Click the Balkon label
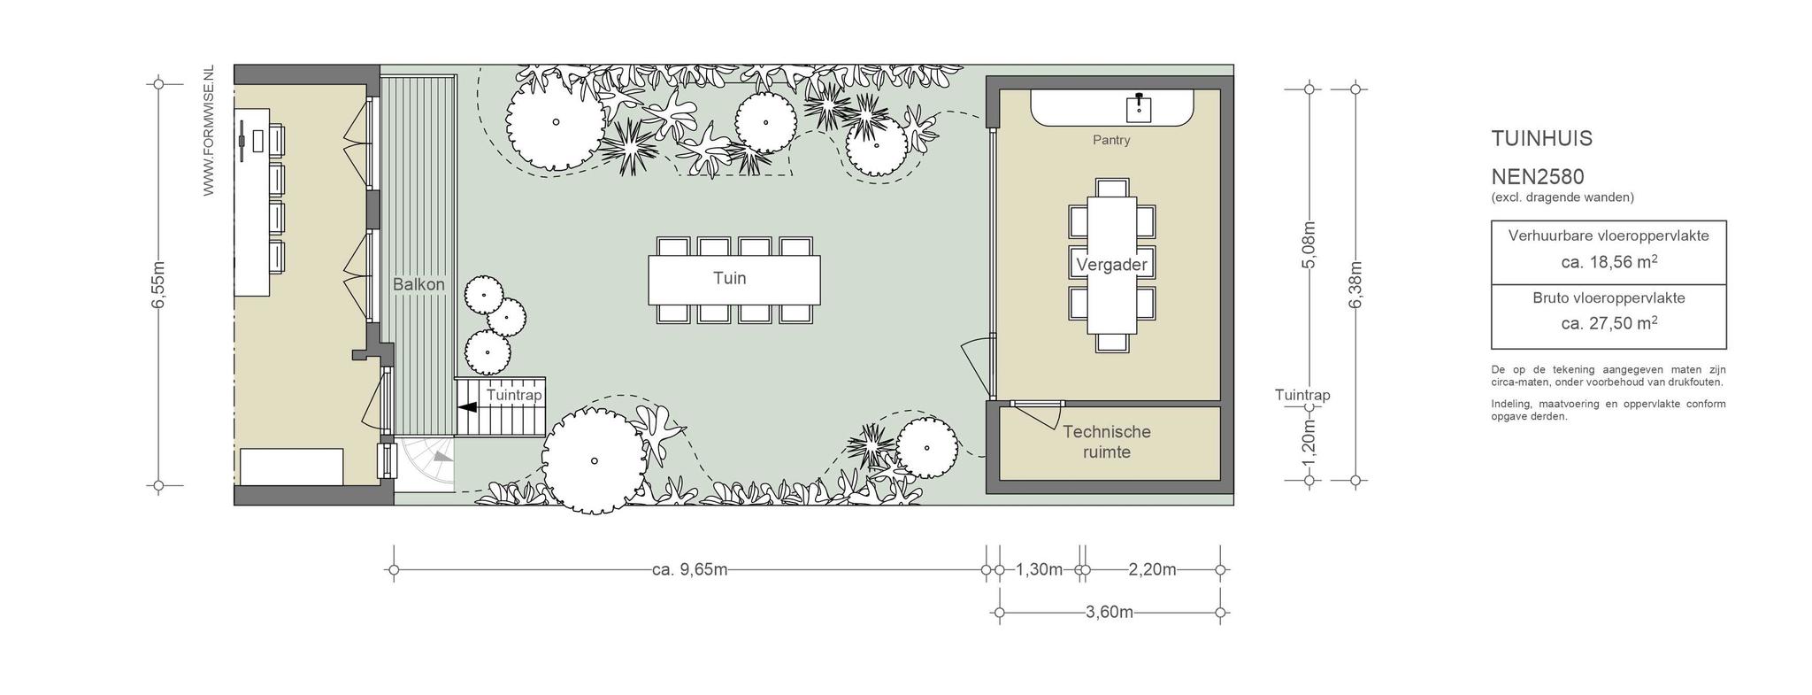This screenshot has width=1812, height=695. [418, 284]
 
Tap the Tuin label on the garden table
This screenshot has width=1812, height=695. [730, 278]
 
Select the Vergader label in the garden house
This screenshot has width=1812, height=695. [1111, 264]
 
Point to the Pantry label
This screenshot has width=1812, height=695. [1111, 140]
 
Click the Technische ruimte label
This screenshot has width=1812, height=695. [1107, 442]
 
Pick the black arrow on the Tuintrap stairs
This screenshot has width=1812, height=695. [467, 407]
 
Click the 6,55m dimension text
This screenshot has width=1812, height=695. [159, 285]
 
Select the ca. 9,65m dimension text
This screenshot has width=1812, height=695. [690, 569]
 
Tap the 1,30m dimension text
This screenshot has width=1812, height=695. [1039, 569]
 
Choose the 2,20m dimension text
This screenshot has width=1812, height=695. [1153, 569]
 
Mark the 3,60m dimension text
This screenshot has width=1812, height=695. [1109, 612]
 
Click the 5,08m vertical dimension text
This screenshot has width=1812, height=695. [1310, 244]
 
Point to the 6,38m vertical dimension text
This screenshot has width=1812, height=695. [1355, 284]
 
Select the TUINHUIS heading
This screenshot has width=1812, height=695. [1542, 139]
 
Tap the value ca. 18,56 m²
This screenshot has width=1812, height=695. [1609, 262]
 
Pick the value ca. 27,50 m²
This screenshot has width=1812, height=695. [1609, 323]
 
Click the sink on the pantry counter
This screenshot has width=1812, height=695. [1139, 108]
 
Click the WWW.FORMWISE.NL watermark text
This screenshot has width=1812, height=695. [209, 130]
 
